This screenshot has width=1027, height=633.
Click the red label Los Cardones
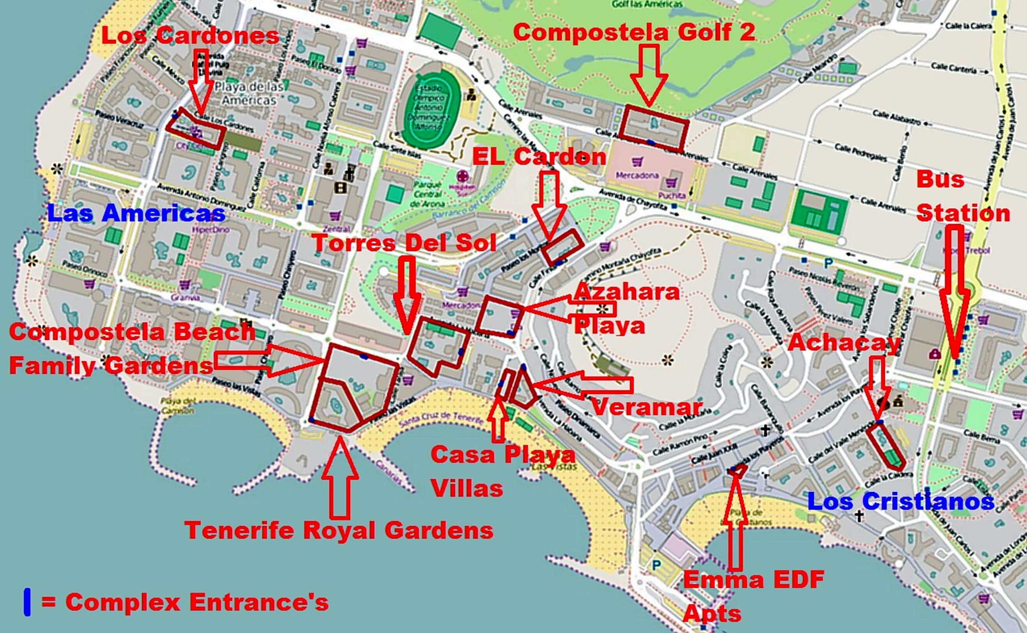coord(190,35)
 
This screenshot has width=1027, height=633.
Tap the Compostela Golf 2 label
coord(634,32)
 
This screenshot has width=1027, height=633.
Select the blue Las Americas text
coord(136,213)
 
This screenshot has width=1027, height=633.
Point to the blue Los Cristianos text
coord(900,501)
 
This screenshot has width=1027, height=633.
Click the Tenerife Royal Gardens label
coord(339,531)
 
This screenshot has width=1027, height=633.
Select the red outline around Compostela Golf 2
coord(654,128)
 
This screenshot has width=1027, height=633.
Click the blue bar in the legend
coord(27,602)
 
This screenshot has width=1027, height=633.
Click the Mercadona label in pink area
coord(637,176)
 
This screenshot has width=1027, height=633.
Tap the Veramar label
coord(646,406)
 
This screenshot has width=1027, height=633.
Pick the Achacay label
coord(844,343)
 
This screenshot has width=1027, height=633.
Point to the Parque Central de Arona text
coord(428,194)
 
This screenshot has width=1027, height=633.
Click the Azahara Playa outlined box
coord(499,316)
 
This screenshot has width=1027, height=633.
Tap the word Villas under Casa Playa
coord(467,489)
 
